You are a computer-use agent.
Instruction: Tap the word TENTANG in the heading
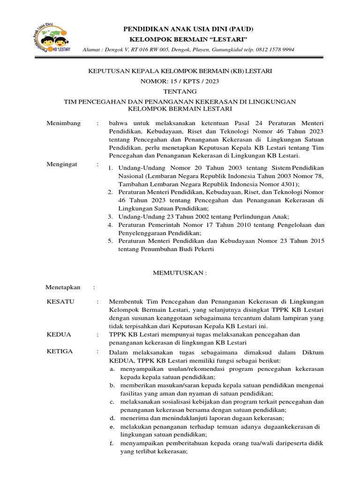[180, 91]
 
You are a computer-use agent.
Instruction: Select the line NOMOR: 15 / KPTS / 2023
[180, 81]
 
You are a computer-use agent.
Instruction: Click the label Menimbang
[64, 123]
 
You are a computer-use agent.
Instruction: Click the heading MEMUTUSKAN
[180, 272]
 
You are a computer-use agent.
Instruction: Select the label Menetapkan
[63, 287]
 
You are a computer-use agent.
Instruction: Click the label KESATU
[60, 301]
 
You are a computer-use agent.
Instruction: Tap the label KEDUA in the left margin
[59, 334]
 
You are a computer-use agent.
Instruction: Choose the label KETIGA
[60, 351]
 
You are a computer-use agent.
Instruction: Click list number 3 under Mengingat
[109, 217]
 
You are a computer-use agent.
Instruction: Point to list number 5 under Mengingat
[109, 241]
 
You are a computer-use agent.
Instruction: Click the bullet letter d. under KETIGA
[112, 418]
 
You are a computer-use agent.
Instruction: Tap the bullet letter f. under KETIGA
[112, 443]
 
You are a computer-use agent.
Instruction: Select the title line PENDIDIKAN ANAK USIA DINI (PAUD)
[180, 29]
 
